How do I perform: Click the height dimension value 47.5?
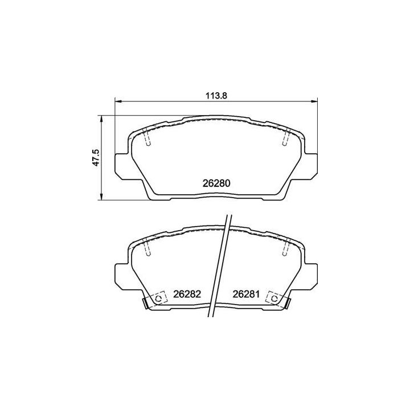(x=96, y=157)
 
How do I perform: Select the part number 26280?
(x=216, y=184)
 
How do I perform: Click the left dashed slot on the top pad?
(x=146, y=138)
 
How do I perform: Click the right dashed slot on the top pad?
(x=286, y=138)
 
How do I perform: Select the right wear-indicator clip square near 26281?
(x=274, y=298)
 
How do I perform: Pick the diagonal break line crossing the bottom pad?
(x=219, y=268)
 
